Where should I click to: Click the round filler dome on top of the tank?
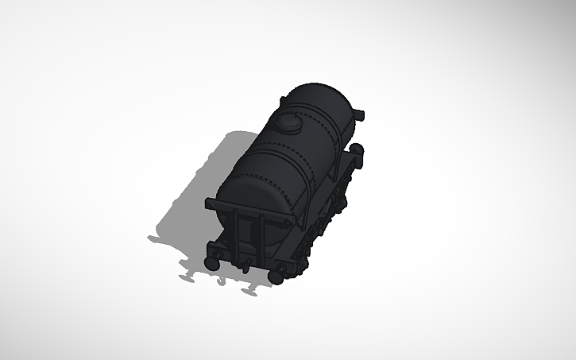point(287,122)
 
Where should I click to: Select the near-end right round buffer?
point(279,274)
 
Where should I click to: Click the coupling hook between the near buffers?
point(245,265)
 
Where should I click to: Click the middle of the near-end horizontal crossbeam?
point(250,211)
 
